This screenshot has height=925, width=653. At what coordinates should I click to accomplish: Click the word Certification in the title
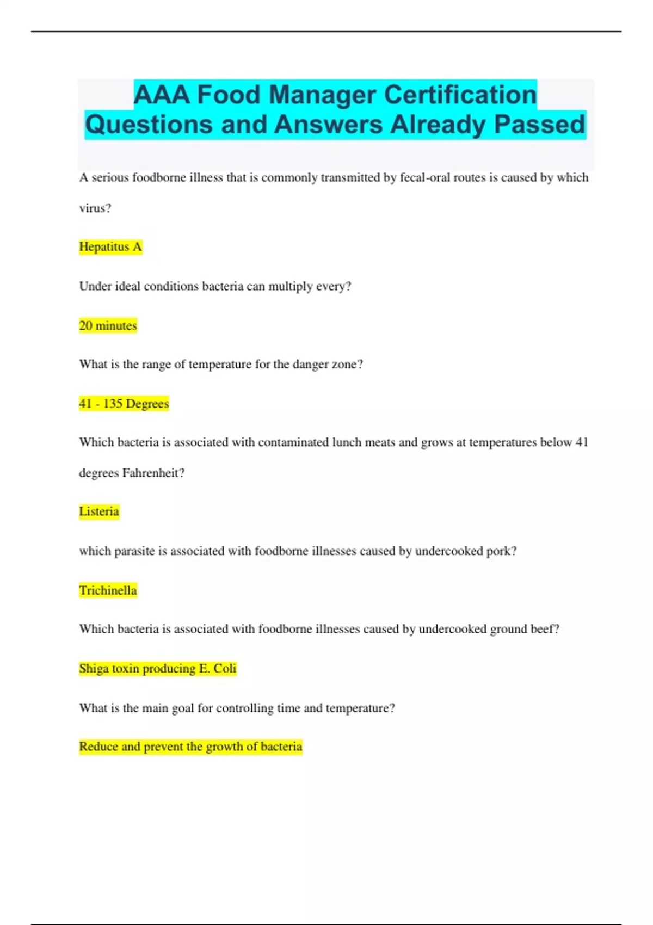(460, 95)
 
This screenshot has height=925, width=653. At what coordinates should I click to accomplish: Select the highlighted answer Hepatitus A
(110, 247)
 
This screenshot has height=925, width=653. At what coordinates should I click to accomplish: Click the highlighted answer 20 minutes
(108, 325)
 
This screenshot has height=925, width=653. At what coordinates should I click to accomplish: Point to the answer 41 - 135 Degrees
(124, 404)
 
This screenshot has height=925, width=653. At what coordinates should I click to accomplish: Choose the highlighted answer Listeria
(99, 511)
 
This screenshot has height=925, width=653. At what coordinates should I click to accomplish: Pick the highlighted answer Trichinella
(108, 590)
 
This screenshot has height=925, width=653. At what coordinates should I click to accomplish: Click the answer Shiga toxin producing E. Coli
(158, 668)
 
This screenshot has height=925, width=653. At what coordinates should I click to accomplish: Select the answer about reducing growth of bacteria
(190, 747)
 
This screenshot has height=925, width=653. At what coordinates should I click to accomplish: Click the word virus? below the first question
(95, 208)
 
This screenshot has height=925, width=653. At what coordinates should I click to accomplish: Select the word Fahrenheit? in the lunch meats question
(153, 473)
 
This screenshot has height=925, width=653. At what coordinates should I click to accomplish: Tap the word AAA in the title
(162, 95)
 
